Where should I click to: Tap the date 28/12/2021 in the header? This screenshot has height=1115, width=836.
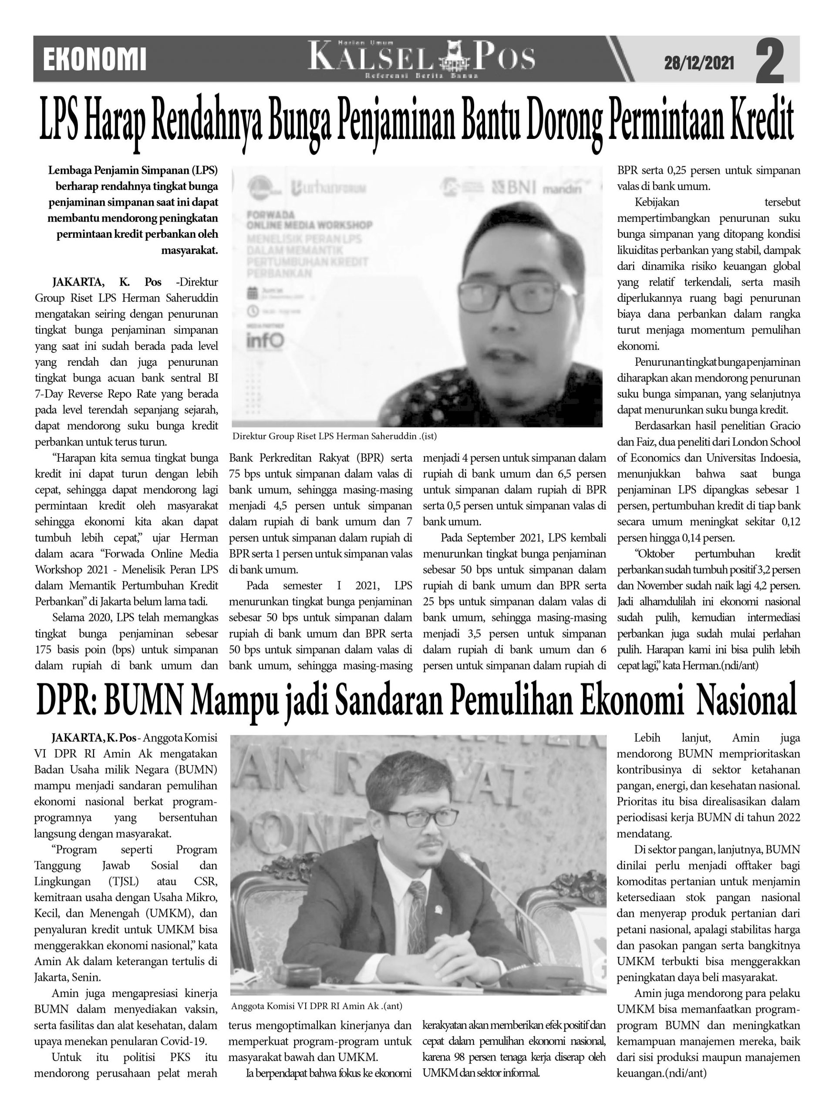[x=698, y=63]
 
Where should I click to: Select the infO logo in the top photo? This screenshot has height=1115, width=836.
[x=265, y=340]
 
